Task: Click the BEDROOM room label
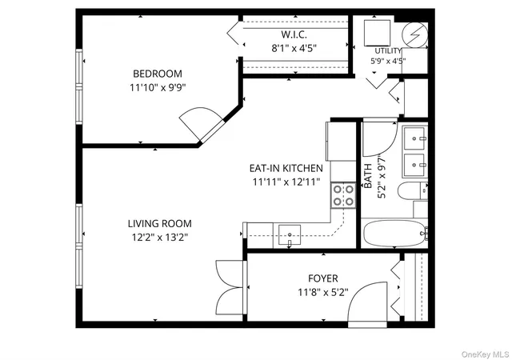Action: [158, 74]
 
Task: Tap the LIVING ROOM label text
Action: [160, 224]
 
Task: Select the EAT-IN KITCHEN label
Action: [286, 168]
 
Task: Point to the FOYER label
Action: [323, 278]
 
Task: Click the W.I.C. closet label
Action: [294, 34]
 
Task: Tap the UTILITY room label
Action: [388, 51]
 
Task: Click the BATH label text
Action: [368, 176]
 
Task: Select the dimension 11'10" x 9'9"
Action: [158, 87]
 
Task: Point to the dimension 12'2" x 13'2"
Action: [160, 237]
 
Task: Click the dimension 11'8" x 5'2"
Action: [323, 292]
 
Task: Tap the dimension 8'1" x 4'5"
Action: [294, 48]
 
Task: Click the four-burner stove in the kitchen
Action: [343, 196]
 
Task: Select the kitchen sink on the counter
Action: [290, 234]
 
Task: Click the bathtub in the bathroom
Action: [395, 234]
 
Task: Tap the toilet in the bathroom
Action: [413, 190]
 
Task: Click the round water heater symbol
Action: [414, 34]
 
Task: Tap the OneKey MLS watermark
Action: [485, 354]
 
